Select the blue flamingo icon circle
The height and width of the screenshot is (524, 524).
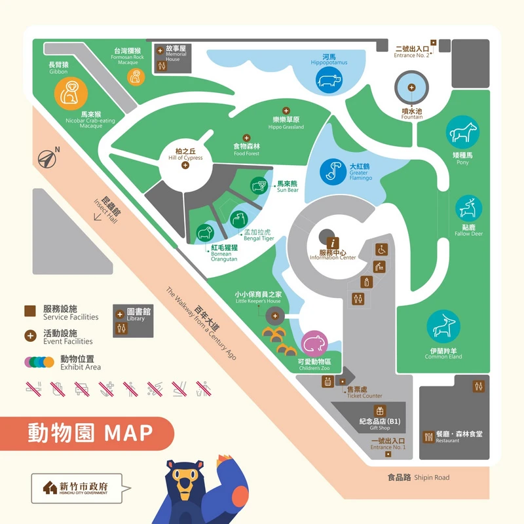(x=333, y=171)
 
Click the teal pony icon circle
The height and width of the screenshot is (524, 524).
(x=464, y=133)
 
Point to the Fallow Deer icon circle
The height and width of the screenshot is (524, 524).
(x=469, y=209)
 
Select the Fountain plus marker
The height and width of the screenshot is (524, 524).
(x=411, y=88)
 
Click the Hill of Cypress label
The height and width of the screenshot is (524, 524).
(x=185, y=155)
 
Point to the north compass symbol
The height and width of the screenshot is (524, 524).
(x=47, y=157)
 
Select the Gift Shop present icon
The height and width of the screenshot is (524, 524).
(x=378, y=410)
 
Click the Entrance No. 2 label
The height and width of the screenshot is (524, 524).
(x=413, y=51)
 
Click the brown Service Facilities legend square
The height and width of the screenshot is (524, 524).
(x=30, y=311)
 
